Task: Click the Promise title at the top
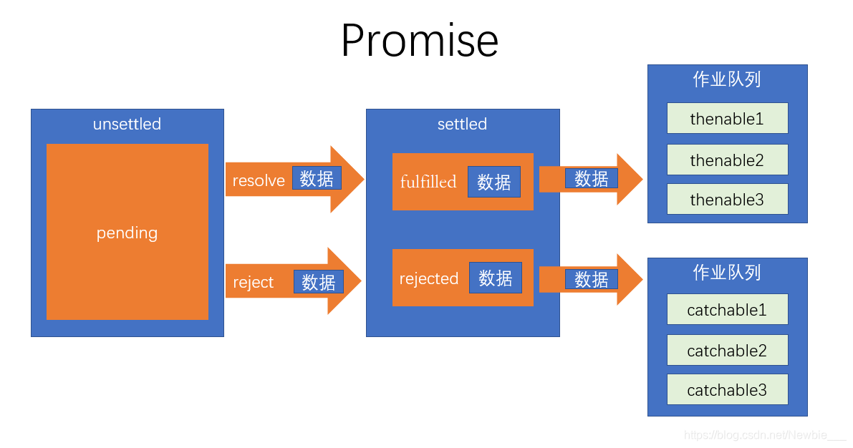click(x=419, y=41)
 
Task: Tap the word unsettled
click(x=127, y=124)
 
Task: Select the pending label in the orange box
click(x=127, y=233)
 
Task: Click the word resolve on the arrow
click(x=259, y=180)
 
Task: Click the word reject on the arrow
click(x=254, y=282)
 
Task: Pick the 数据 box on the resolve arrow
click(x=317, y=178)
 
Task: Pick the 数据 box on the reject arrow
click(x=319, y=282)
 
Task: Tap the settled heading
click(x=462, y=124)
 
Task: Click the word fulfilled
click(x=428, y=182)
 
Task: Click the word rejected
click(x=429, y=278)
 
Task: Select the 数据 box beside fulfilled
click(x=494, y=182)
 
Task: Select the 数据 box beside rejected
click(x=496, y=278)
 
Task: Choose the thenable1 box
click(x=727, y=119)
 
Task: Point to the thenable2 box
click(x=727, y=160)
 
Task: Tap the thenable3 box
click(x=727, y=200)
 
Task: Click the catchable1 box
click(x=727, y=310)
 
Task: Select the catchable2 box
click(x=727, y=351)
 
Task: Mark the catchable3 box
click(x=727, y=390)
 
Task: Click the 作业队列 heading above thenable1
click(x=727, y=79)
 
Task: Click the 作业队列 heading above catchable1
click(x=727, y=273)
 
